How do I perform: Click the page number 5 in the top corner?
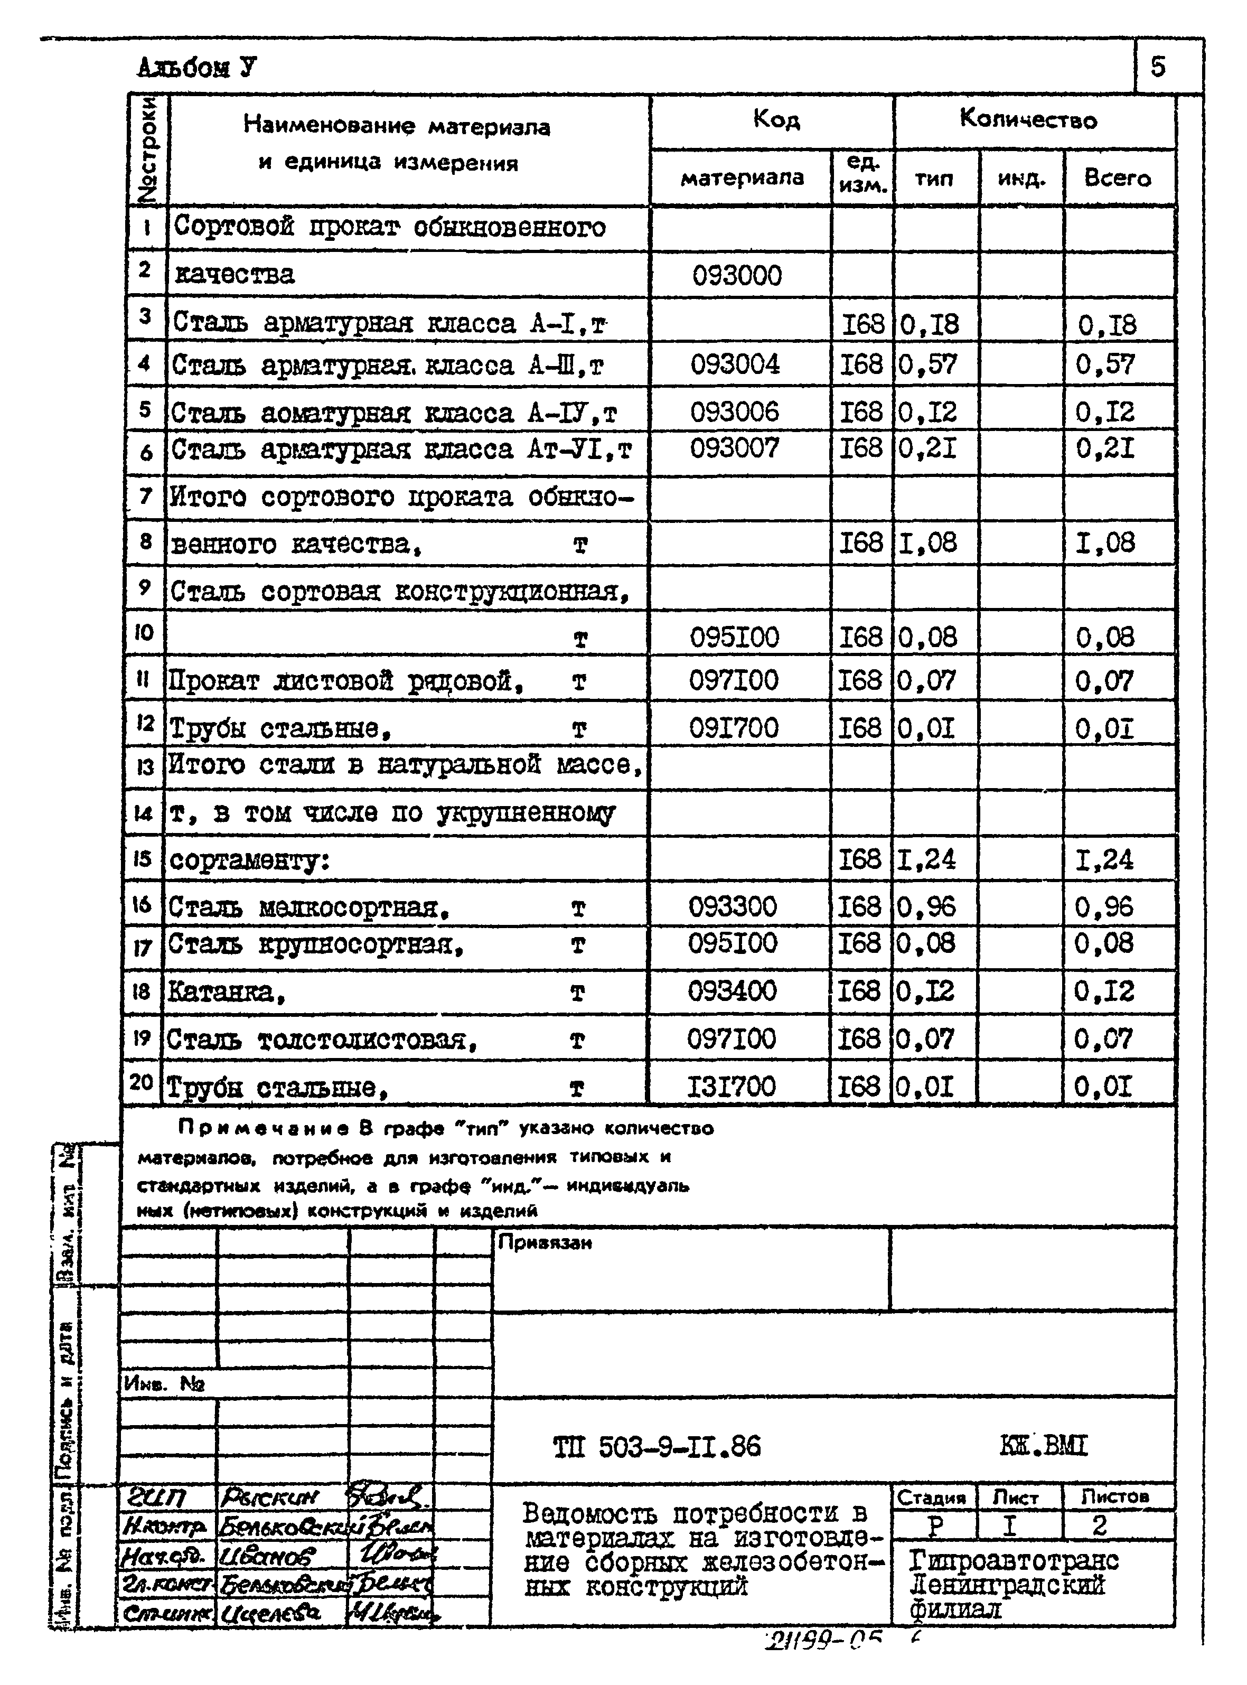pyautogui.click(x=1158, y=67)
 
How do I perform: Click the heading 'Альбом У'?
pyautogui.click(x=197, y=68)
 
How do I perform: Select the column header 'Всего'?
pyautogui.click(x=1118, y=178)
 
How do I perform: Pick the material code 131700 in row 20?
pyautogui.click(x=730, y=1087)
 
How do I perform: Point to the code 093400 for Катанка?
pyautogui.click(x=732, y=990)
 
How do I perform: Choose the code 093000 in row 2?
pyautogui.click(x=737, y=276)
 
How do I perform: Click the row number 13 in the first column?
pyautogui.click(x=144, y=768)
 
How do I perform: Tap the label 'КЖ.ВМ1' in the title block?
pyautogui.click(x=1044, y=1446)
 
